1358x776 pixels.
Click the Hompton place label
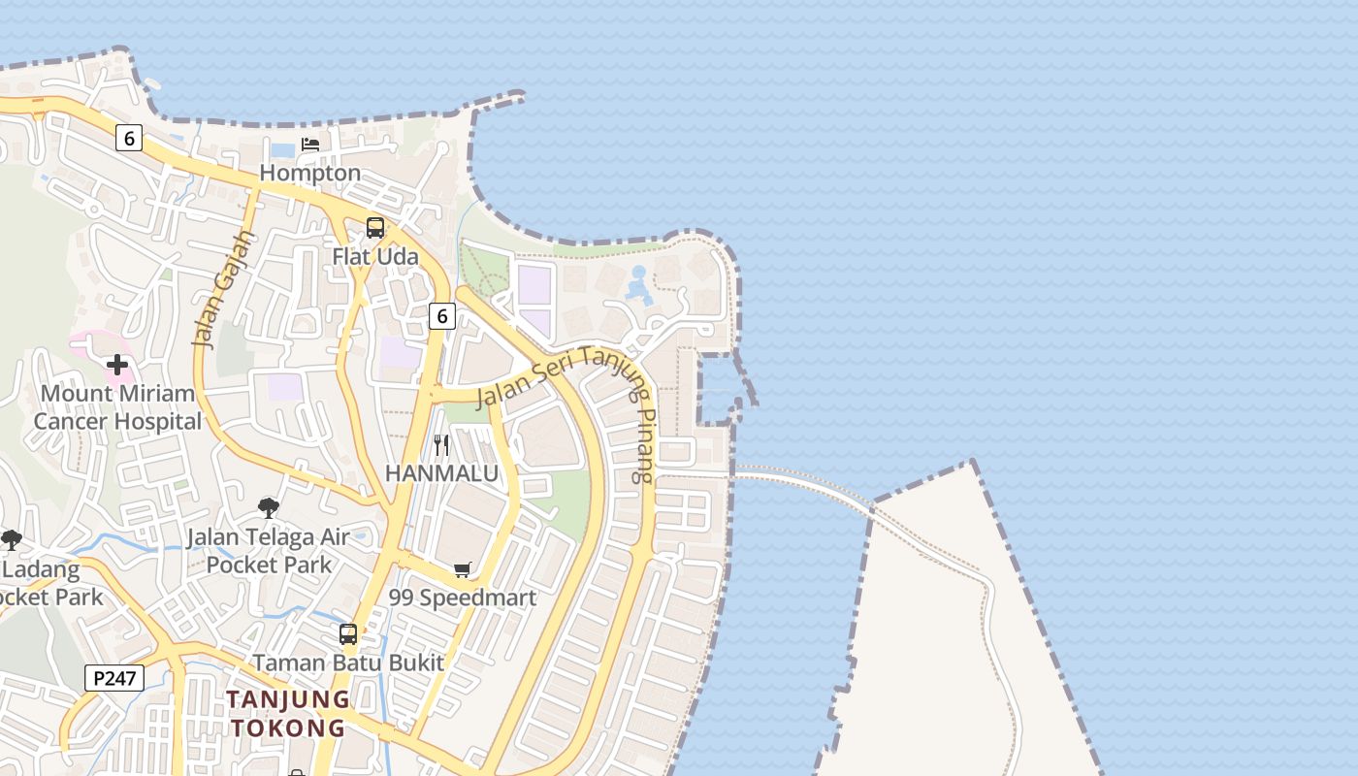click(310, 174)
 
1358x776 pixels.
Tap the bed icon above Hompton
click(310, 145)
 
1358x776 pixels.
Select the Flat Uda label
click(375, 257)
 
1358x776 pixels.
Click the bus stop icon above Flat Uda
click(375, 228)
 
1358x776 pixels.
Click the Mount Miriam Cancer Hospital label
click(117, 407)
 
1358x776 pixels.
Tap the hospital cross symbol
click(117, 365)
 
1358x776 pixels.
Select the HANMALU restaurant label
click(441, 473)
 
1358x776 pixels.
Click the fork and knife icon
click(441, 445)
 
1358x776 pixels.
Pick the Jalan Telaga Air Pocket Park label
click(269, 550)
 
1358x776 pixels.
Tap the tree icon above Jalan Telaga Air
click(269, 507)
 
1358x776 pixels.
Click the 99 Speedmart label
click(463, 598)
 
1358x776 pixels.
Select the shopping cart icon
click(463, 569)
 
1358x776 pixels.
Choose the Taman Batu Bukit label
click(348, 663)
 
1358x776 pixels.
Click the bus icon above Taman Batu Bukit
click(348, 635)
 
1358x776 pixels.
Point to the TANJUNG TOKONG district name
click(288, 713)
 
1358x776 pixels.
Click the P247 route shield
click(114, 678)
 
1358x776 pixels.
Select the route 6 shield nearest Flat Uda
click(441, 315)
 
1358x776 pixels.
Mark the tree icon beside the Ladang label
click(12, 540)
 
